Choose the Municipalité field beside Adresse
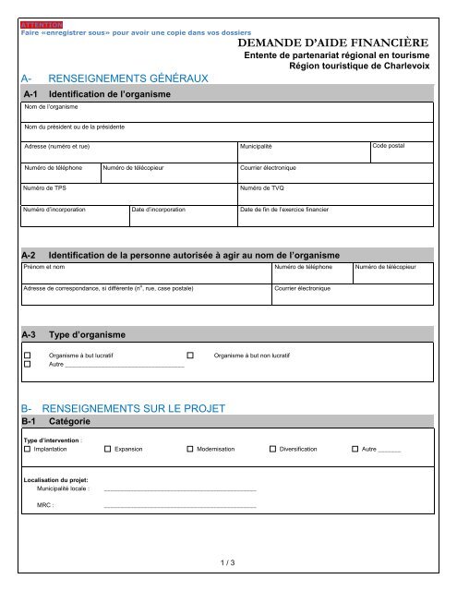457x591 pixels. coord(303,152)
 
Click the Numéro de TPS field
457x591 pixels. coord(128,194)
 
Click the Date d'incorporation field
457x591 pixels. coord(182,215)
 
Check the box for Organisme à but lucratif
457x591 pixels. coord(28,356)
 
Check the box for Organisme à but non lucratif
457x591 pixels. coord(191,356)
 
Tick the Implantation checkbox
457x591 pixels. coord(27,449)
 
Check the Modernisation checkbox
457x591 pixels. coord(190,449)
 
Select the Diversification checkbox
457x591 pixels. coord(272,449)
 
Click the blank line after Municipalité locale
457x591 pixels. coord(180,488)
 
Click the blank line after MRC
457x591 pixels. coord(180,506)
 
